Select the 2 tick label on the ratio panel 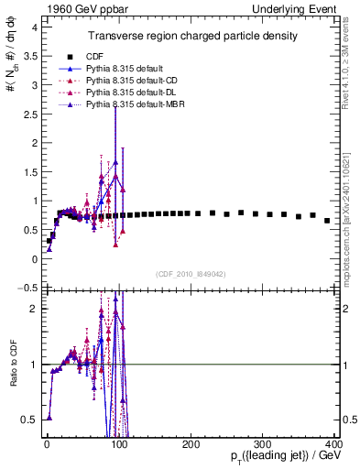pos(32,309)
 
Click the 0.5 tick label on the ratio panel pos(27,420)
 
